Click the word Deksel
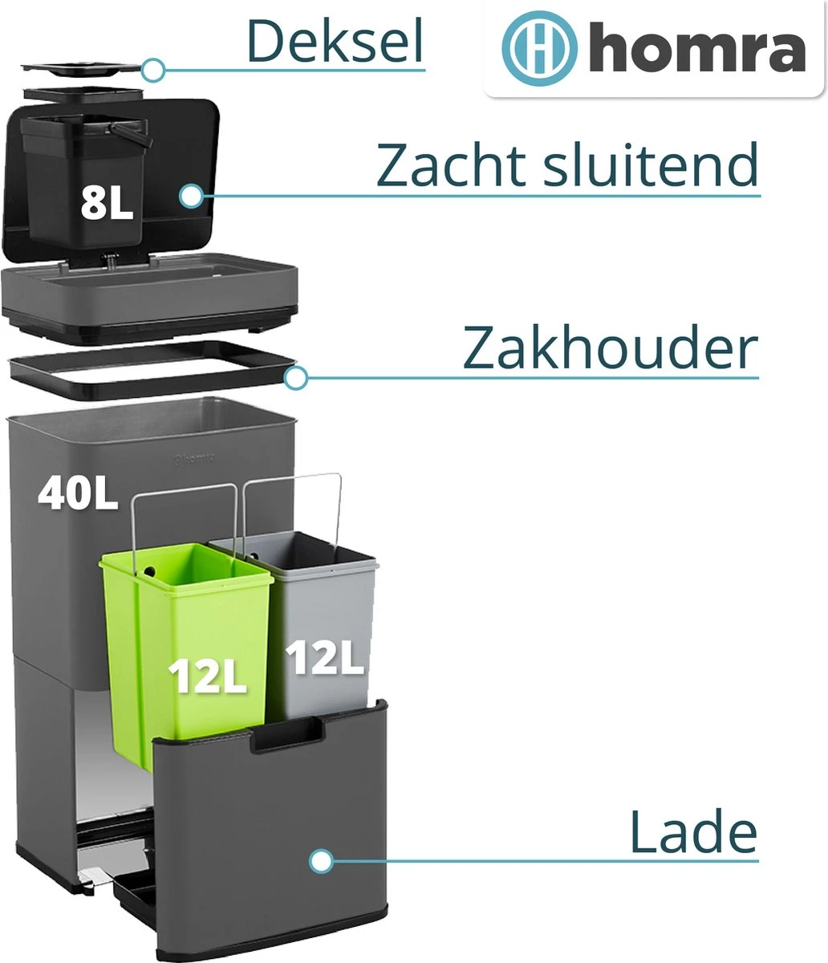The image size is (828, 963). [x=335, y=41]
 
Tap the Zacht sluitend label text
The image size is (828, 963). [x=567, y=165]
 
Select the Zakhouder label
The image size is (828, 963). [x=610, y=347]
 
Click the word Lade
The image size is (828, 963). [x=693, y=831]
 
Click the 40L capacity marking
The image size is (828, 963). [x=77, y=494]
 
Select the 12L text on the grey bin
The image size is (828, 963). [x=325, y=657]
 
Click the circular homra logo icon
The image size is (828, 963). [x=539, y=48]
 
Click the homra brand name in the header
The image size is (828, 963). [x=697, y=48]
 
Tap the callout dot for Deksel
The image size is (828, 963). [x=152, y=71]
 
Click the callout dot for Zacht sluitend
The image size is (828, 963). [x=191, y=196]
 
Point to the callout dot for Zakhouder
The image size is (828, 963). [x=295, y=377]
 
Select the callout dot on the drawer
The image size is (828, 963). [x=321, y=861]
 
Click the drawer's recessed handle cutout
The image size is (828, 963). [x=286, y=736]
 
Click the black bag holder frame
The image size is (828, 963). [x=152, y=371]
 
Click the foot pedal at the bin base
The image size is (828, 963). [x=95, y=877]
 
